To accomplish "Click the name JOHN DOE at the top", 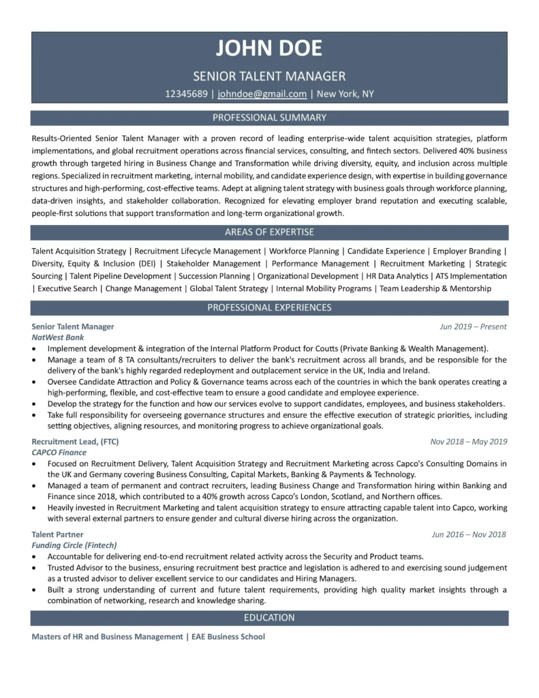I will click(x=269, y=49).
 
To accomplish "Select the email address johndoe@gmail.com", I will click(x=262, y=94).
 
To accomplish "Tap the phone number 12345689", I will click(x=186, y=94).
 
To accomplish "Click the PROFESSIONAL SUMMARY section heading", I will click(x=269, y=118).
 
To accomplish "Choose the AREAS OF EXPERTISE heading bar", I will click(x=269, y=232).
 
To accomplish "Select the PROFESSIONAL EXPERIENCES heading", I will click(x=269, y=308).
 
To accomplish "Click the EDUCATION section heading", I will click(x=269, y=618).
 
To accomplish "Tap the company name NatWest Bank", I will click(x=58, y=337).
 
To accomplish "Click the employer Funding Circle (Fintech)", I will click(x=74, y=546).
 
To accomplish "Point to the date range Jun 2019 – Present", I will click(x=473, y=327).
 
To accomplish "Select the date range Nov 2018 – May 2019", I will click(x=469, y=441).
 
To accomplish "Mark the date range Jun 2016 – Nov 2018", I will click(x=469, y=535).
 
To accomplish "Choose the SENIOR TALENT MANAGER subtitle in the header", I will click(x=269, y=76).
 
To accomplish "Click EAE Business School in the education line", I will click(x=228, y=637).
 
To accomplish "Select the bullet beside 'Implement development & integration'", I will click(x=34, y=348).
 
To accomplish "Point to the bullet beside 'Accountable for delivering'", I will click(x=34, y=557).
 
